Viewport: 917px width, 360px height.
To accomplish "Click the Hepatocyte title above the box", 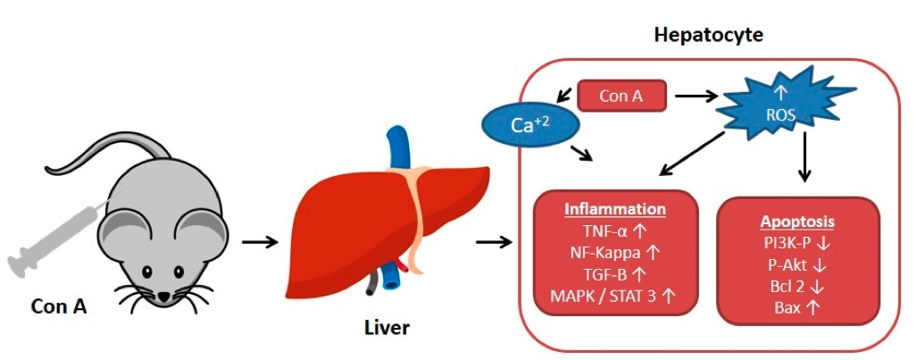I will click(708, 35).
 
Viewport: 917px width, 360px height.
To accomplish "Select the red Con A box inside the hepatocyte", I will click(621, 96).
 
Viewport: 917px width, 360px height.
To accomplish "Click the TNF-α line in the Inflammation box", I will click(614, 231).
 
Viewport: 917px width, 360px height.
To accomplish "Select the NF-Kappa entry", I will click(614, 254).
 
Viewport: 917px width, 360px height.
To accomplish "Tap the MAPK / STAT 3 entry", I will click(614, 297).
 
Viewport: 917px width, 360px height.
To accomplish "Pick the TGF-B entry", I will click(614, 276).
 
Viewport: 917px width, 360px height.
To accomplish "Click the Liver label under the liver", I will click(387, 328).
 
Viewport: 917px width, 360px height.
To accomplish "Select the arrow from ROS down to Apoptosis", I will click(806, 155).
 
